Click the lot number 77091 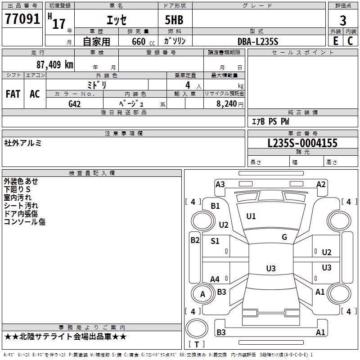point(22,19)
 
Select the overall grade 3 point(343,20)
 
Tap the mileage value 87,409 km point(54,64)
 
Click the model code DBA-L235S point(258,41)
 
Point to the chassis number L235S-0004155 point(302,143)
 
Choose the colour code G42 point(74,104)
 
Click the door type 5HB point(174,20)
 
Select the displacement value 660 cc point(143,41)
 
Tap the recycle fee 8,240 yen point(229,104)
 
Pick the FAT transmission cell point(13,94)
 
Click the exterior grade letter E point(335,41)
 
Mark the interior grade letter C point(350,41)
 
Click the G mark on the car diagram point(284,237)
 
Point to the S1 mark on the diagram point(215,241)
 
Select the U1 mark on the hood point(251,216)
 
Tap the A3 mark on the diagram point(220,184)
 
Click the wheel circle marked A point(202,293)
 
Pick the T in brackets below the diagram point(197,344)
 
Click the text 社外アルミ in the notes point(22,143)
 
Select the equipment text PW point(285,121)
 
